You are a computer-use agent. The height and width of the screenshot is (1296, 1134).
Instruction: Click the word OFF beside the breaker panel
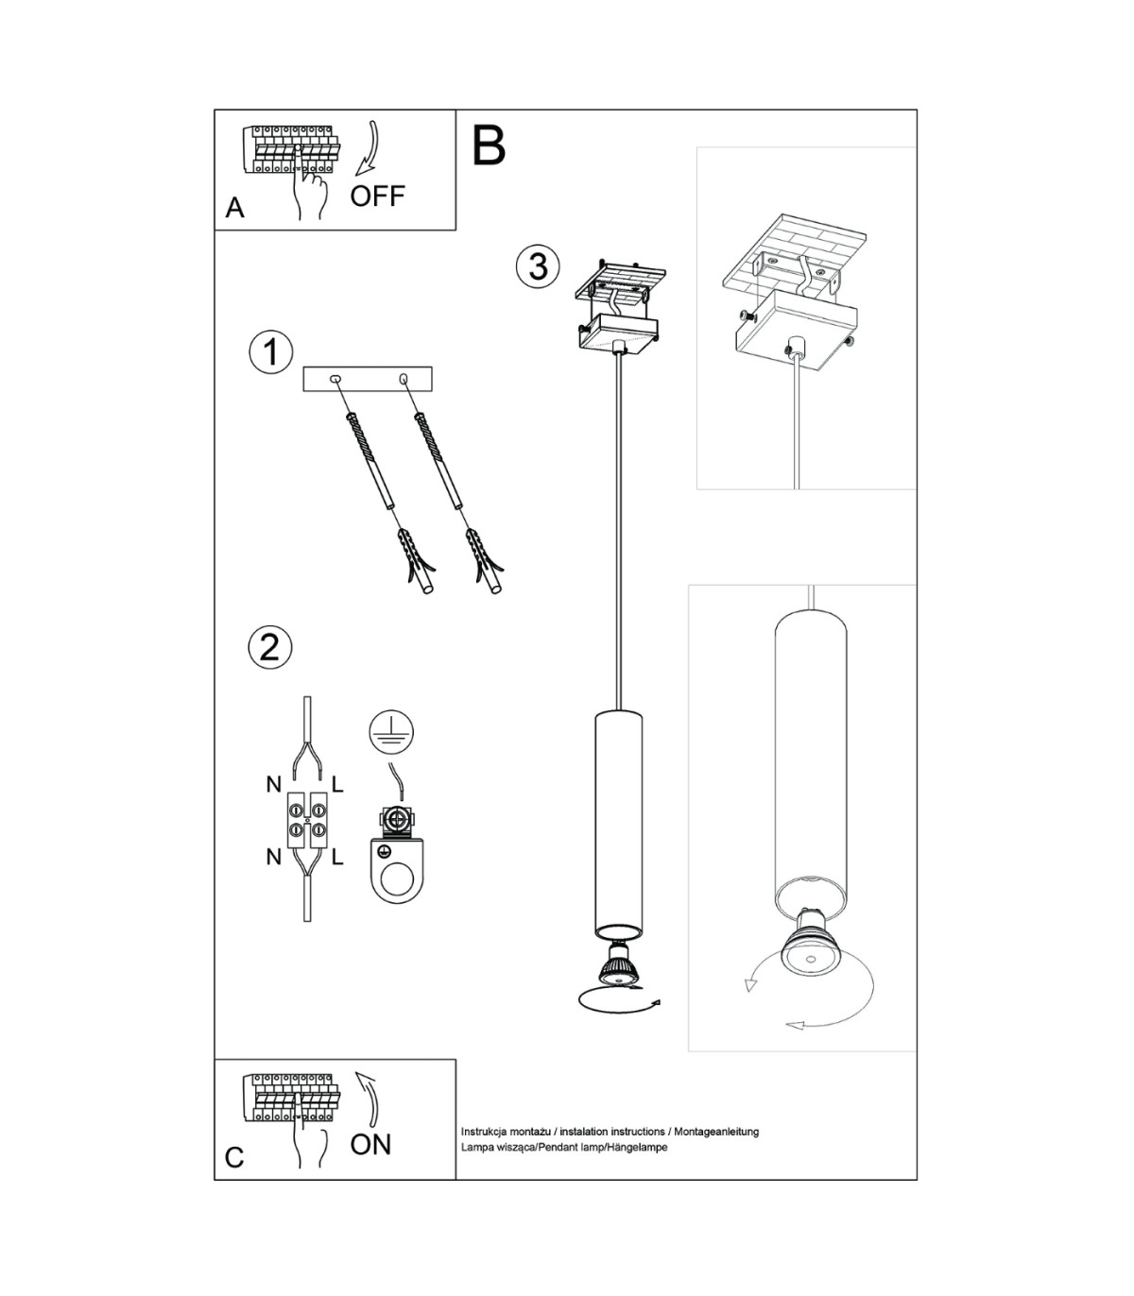(378, 196)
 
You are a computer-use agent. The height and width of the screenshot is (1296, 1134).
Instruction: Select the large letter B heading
(490, 145)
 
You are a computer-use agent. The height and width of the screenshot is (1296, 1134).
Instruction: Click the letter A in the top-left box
(234, 208)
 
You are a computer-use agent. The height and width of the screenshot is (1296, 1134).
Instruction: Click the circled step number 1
(271, 352)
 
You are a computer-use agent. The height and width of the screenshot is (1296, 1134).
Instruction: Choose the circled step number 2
(270, 648)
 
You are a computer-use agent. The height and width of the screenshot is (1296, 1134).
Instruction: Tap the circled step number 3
(538, 266)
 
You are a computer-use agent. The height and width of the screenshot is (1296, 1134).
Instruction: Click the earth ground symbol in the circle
(391, 733)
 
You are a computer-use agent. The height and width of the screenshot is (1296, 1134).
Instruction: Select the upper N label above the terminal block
(274, 785)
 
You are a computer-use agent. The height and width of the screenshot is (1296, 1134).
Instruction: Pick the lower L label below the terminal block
(337, 857)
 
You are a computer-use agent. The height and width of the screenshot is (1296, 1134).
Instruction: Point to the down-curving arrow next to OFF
(366, 149)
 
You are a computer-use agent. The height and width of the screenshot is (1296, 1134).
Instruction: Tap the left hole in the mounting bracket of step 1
(335, 379)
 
